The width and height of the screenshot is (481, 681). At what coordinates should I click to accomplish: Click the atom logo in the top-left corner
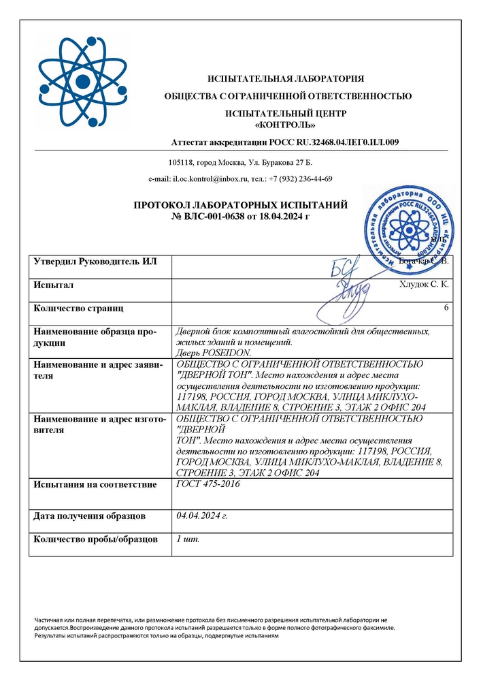point(83,82)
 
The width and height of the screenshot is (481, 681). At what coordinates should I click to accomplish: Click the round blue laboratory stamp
point(405,222)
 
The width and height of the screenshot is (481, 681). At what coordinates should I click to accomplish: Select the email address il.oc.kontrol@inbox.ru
point(212,178)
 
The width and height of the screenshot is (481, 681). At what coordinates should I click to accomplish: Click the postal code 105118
point(180,163)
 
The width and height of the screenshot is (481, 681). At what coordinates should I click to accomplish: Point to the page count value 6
point(446,308)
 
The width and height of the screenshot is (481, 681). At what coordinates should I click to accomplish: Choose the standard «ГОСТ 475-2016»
point(208,484)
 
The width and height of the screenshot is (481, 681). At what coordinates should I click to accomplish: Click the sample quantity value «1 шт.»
point(188,539)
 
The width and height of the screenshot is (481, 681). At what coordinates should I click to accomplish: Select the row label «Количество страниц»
point(79,308)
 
